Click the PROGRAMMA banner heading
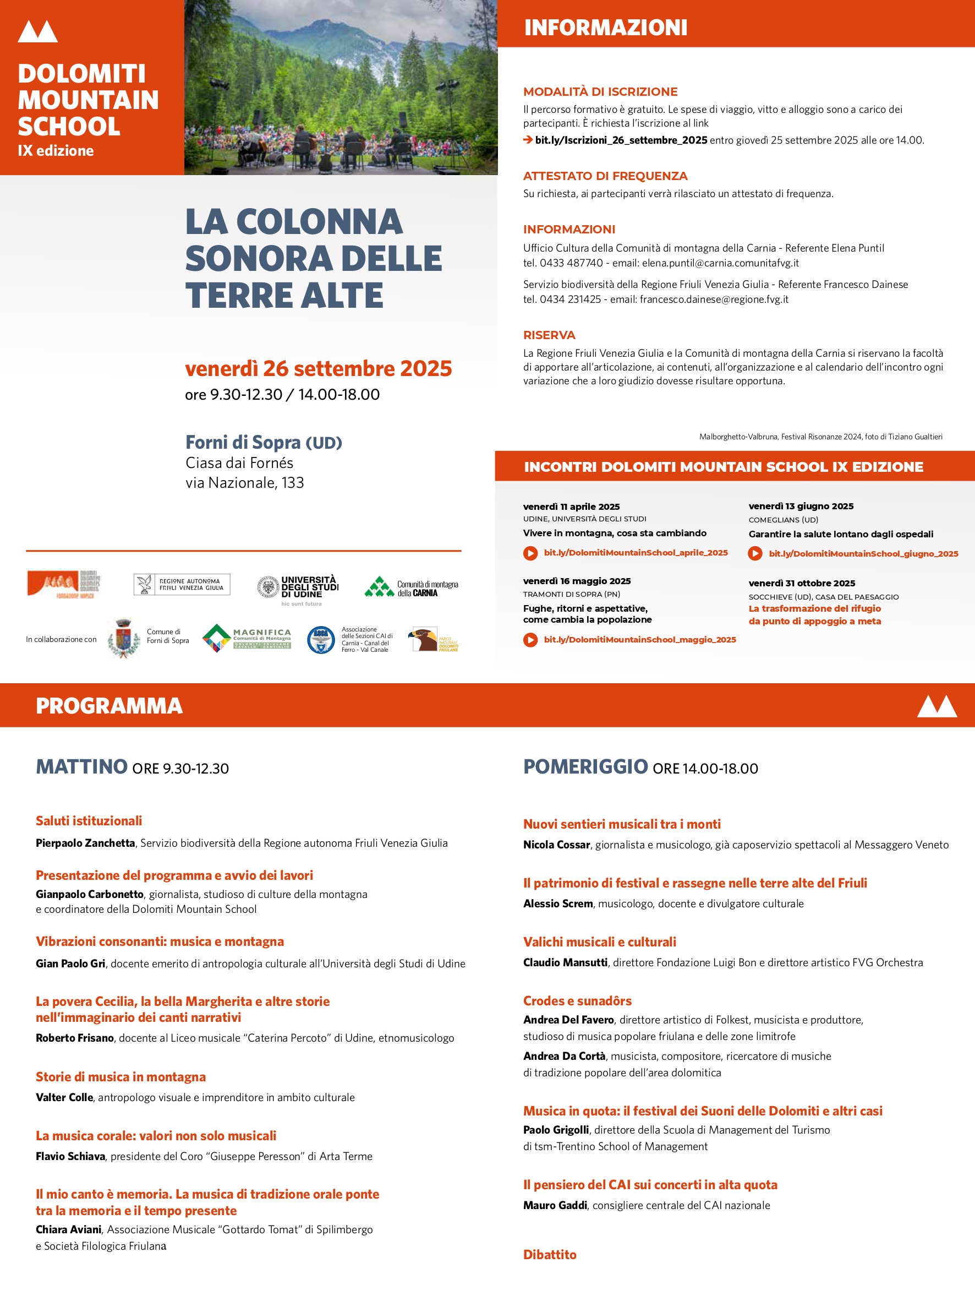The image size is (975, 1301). coord(109,706)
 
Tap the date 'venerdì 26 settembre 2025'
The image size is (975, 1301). coord(318,369)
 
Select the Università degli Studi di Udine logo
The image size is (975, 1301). coord(298,589)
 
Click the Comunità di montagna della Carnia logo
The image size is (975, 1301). coord(411,587)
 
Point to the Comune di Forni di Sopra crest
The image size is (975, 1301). coord(123,638)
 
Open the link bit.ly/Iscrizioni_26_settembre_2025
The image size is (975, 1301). coord(621,140)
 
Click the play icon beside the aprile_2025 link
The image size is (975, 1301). coord(530,553)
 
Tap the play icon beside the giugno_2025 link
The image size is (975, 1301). coord(755,554)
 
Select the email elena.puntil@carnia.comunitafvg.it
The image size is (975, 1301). coord(720,263)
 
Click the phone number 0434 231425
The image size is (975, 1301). coord(570,300)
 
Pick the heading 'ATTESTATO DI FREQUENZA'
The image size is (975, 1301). coord(605,176)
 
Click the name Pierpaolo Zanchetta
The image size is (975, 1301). coord(85,843)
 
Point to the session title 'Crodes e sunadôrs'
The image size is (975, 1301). coord(577,1001)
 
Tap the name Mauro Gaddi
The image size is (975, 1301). coord(555,1205)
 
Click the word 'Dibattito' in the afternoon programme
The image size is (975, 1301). coord(550,1255)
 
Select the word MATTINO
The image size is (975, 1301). coord(81,766)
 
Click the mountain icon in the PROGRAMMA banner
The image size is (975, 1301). coord(937,706)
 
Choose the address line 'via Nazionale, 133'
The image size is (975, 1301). coord(244,483)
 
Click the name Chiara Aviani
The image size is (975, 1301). coord(69,1229)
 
